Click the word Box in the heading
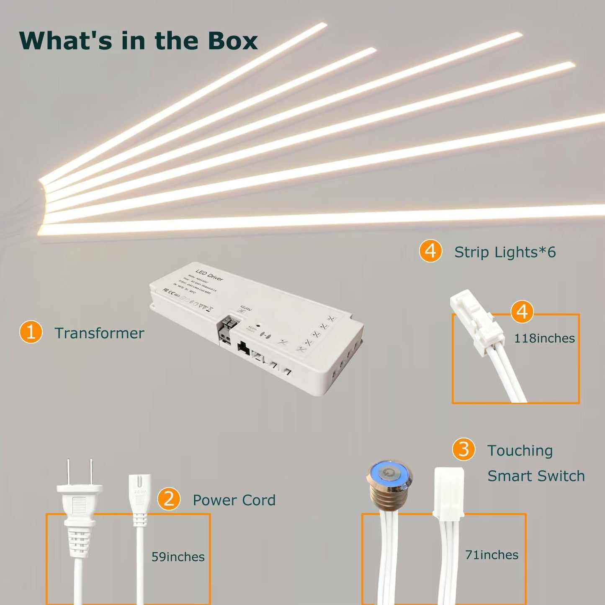(232, 41)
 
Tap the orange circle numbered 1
(31, 332)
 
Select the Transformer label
(99, 333)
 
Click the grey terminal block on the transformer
(228, 330)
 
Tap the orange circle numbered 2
(169, 499)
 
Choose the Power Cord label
(234, 500)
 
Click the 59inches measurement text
(178, 557)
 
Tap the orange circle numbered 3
(463, 450)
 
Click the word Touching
(520, 451)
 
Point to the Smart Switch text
(536, 476)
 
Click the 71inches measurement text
(492, 555)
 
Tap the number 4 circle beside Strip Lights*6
(430, 251)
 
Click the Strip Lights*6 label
(505, 252)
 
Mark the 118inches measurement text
(544, 338)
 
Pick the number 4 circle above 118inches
(522, 312)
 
